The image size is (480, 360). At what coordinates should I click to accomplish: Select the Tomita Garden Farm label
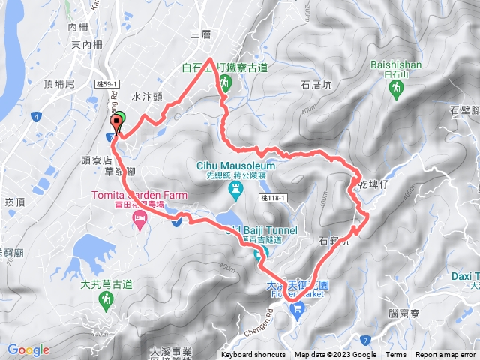[x=139, y=195]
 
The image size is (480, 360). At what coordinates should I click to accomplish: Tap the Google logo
[x=28, y=349]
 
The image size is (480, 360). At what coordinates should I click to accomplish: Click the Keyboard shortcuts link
[x=253, y=355]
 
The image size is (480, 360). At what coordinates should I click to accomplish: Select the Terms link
[x=396, y=355]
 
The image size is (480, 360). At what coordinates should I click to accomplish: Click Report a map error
[x=446, y=355]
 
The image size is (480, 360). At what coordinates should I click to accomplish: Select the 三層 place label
[x=201, y=34]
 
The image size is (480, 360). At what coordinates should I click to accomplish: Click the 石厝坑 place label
[x=316, y=85]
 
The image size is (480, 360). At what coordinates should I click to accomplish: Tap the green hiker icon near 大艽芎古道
[x=105, y=299]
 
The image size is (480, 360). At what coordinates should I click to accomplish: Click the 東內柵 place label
[x=87, y=45]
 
